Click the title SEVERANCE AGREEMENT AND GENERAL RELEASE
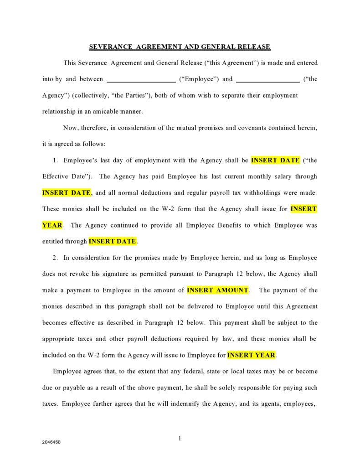180,47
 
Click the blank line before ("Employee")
141,79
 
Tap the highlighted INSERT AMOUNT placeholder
218,290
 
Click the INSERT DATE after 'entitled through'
113,242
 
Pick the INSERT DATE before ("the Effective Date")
275,161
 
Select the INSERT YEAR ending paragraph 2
251,355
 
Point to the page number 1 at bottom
180,438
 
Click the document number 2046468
51,442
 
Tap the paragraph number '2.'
55,258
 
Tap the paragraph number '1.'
55,161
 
